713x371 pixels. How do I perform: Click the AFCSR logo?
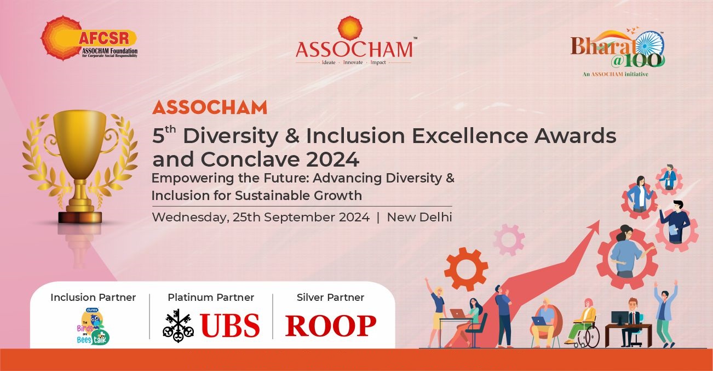point(89,38)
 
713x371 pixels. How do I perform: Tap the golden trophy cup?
point(80,165)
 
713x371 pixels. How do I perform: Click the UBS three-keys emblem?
point(179,325)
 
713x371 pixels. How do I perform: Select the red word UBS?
point(230,325)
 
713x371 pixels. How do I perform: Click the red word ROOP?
point(330,326)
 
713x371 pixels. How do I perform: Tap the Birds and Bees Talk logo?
point(93,327)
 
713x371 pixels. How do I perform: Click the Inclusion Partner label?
point(93,298)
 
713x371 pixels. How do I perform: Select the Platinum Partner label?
point(211,298)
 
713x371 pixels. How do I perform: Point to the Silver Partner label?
point(330,298)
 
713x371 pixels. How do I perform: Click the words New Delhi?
point(419,217)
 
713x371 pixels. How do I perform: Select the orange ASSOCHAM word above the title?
point(209,107)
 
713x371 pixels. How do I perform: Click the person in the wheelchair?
point(583,323)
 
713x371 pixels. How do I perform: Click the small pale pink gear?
point(509,240)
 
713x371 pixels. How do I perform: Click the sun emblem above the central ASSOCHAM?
point(350,28)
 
